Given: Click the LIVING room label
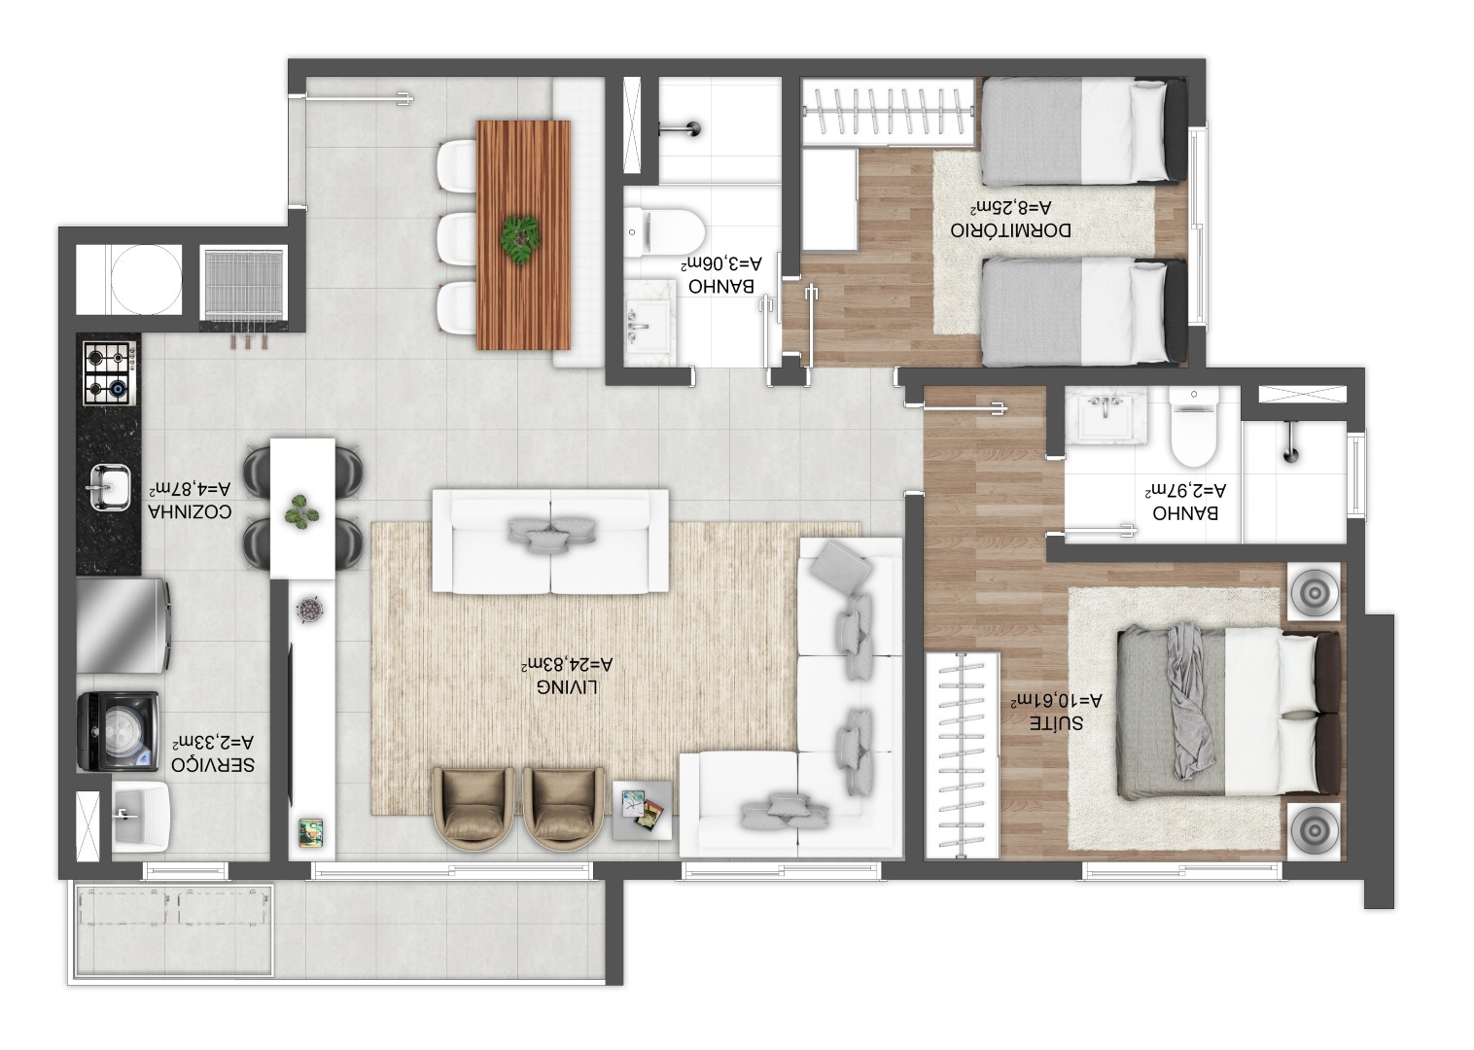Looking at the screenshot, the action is click(x=567, y=687).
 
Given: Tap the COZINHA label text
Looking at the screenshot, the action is click(x=191, y=511).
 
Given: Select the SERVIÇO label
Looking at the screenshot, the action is click(x=213, y=764).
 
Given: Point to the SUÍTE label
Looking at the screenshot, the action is click(x=1056, y=723).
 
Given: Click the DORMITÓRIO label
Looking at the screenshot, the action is click(x=1011, y=230).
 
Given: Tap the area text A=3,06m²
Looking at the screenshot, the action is click(x=721, y=263).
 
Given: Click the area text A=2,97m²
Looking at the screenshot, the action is click(x=1186, y=491).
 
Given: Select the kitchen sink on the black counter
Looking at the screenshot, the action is click(x=109, y=487).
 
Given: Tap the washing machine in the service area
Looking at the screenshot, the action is click(x=118, y=731).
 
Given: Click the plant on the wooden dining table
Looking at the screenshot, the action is click(x=520, y=239).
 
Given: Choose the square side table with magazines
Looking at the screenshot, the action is click(x=643, y=811).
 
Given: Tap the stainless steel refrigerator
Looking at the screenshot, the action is click(x=123, y=626).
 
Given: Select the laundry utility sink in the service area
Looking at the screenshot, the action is click(x=140, y=817).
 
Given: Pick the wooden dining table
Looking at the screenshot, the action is click(x=524, y=235).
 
